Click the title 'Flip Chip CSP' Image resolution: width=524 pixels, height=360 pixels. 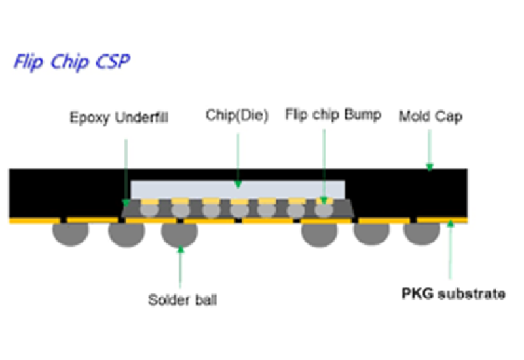click(71, 62)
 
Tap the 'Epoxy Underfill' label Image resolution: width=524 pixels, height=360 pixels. click(119, 118)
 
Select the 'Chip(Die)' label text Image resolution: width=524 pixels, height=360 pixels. click(237, 115)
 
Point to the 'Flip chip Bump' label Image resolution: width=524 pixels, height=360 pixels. click(333, 115)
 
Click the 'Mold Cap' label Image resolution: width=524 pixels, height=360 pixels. click(430, 117)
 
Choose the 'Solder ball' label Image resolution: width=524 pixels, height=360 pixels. click(183, 300)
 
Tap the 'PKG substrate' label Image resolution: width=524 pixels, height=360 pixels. click(453, 293)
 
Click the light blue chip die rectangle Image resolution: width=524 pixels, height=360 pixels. click(238, 190)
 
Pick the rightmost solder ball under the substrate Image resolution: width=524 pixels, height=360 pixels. click(422, 234)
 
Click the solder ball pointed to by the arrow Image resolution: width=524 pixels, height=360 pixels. click(179, 235)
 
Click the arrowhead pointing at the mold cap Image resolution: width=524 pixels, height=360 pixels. click(430, 167)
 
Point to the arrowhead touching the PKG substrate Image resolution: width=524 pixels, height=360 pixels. click(451, 223)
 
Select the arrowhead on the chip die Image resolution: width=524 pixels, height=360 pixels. click(238, 184)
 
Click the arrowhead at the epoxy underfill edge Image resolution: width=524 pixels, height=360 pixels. click(126, 203)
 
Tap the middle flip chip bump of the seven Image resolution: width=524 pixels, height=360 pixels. click(239, 210)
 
